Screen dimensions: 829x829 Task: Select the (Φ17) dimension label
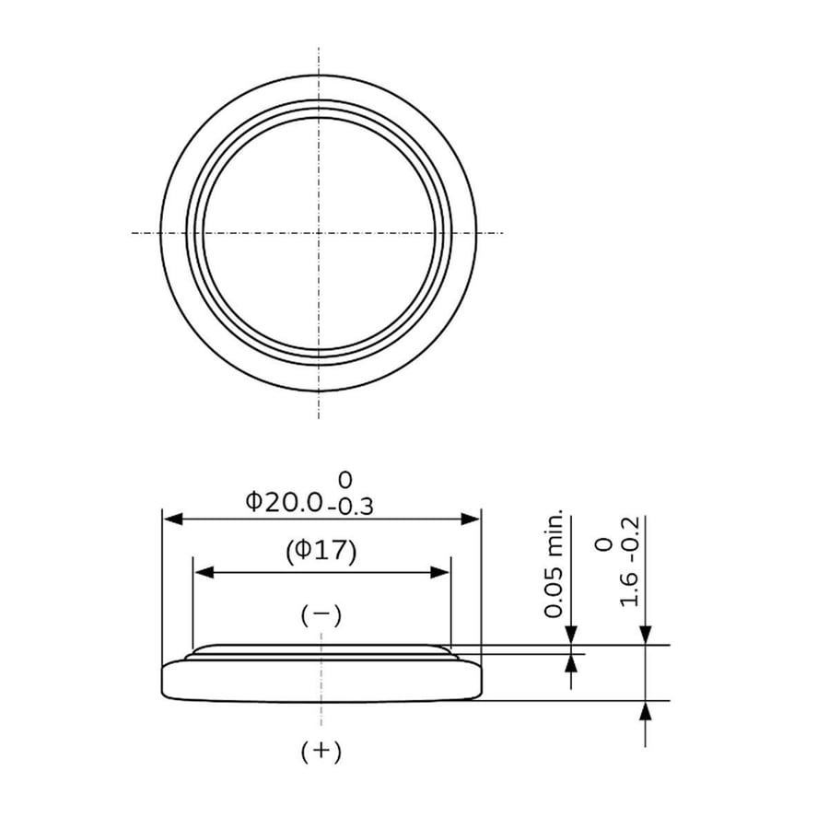click(321, 551)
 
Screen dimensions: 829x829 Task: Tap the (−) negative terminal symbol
click(321, 615)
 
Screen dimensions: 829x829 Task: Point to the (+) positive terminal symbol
click(321, 752)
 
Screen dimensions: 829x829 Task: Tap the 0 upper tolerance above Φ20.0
click(345, 479)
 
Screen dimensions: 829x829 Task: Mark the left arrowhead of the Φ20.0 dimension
click(171, 520)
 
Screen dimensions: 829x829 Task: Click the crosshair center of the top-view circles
click(319, 232)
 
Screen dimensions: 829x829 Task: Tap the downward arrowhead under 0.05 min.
click(571, 636)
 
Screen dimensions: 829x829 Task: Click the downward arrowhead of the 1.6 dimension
click(646, 636)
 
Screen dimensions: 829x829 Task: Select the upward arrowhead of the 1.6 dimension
click(646, 710)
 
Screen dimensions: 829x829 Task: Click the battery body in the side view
click(321, 682)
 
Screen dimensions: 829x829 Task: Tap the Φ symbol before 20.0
click(253, 502)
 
